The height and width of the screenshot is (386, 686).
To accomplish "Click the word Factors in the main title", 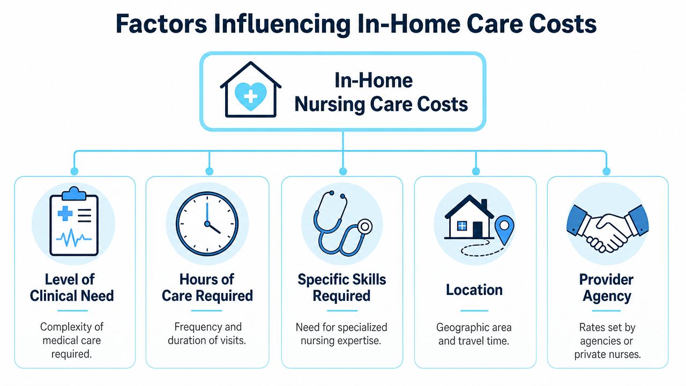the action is click(161, 24).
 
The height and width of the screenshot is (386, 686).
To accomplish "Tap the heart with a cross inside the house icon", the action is click(250, 96).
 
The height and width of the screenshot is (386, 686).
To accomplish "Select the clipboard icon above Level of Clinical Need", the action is click(74, 221).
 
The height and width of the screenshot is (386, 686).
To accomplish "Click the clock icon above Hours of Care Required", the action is click(207, 224).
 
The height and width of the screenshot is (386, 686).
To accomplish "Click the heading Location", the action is click(474, 290).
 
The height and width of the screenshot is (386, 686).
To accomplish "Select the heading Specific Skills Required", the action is click(342, 288).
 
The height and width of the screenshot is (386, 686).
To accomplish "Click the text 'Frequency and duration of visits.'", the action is click(207, 333).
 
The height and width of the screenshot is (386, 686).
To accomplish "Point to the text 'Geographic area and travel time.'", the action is click(474, 334).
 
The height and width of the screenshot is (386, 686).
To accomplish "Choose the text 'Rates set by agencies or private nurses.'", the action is click(607, 340).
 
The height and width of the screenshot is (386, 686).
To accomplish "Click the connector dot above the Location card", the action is click(476, 171).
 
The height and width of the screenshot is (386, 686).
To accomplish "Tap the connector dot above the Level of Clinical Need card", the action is click(74, 171).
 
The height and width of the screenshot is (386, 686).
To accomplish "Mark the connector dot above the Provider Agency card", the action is click(606, 171).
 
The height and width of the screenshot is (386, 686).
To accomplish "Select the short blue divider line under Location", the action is click(474, 310).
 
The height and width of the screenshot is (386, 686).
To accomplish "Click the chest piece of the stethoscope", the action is click(365, 227).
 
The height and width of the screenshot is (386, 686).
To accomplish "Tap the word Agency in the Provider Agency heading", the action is click(607, 296).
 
